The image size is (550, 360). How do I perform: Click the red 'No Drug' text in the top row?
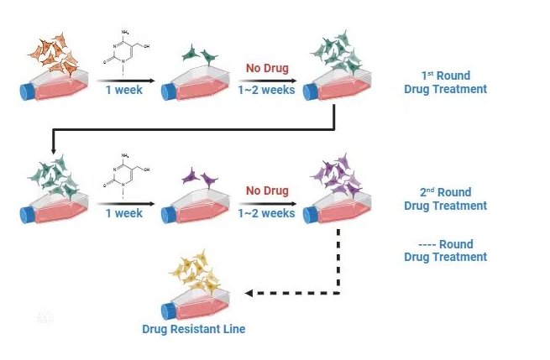(266, 68)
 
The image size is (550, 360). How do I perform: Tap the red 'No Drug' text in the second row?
(266, 190)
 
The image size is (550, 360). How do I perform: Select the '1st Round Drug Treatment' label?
(445, 82)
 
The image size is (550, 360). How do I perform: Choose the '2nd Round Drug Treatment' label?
(445, 199)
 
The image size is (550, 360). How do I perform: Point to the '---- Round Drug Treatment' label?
(445, 250)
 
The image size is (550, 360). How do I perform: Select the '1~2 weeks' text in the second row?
(266, 213)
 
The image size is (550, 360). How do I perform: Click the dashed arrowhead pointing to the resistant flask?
(250, 294)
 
